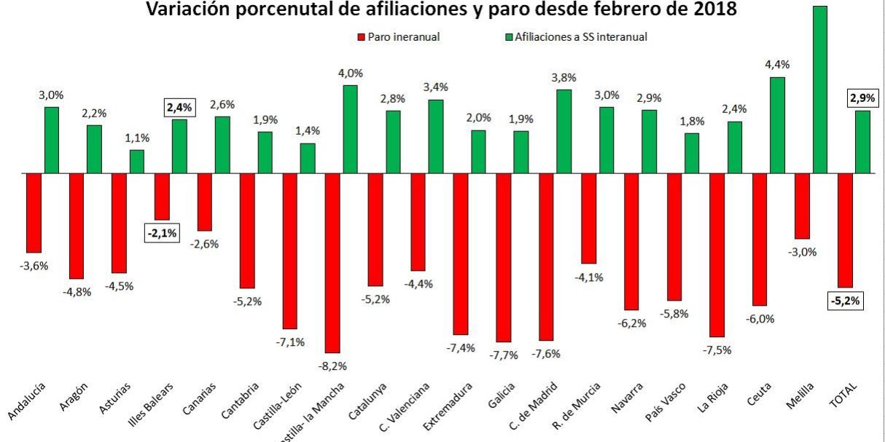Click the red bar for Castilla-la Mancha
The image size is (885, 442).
pos(333,263)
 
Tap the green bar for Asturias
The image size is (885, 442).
pos(137,162)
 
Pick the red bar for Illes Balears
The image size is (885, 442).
pos(162,197)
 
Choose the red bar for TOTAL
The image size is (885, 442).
pos(846,230)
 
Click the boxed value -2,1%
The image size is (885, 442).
pos(161,233)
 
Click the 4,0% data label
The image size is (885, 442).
pos(350,73)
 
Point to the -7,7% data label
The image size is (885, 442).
pos(504,355)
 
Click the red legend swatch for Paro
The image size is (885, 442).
pos(360,36)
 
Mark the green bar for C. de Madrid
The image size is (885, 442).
pos(564,131)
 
